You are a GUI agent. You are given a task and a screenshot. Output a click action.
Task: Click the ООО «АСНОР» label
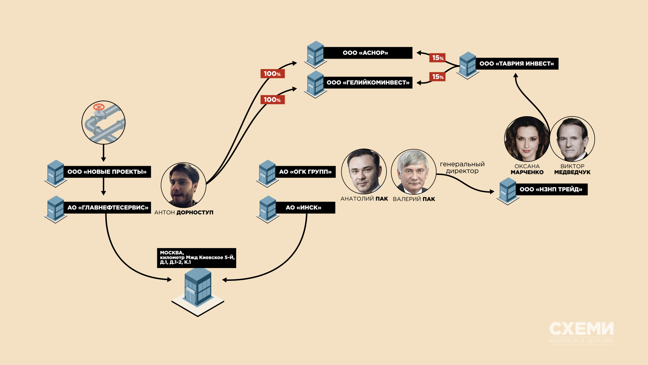[x=366, y=53]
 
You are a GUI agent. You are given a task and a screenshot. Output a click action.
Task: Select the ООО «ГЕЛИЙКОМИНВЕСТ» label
[x=368, y=82]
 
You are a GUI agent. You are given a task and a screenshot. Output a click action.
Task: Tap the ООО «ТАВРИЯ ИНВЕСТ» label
[x=517, y=64]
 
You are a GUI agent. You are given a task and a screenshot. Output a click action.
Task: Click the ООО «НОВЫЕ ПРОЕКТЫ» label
[x=107, y=172]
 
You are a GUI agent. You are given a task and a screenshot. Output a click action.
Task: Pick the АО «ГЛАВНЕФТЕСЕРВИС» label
[x=108, y=208]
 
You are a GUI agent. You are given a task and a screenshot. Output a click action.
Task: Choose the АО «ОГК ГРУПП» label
[x=305, y=172]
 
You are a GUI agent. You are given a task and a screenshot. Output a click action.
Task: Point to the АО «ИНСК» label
[x=303, y=208]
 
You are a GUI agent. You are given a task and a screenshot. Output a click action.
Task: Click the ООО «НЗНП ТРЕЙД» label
[x=551, y=189]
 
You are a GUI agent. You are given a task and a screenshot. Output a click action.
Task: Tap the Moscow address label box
[x=196, y=258]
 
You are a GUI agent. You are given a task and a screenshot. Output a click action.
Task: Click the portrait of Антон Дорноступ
[x=183, y=185]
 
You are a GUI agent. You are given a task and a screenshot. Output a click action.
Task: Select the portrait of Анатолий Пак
[x=364, y=171]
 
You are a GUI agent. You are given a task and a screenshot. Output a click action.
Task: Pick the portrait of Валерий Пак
[x=413, y=172]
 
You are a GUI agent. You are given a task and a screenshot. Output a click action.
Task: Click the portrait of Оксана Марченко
[x=526, y=139]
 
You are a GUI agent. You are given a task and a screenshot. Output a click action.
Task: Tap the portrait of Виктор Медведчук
[x=572, y=139]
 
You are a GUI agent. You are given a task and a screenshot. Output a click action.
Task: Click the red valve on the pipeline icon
[x=99, y=107]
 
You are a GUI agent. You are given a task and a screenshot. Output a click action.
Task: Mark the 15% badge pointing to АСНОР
[x=438, y=58]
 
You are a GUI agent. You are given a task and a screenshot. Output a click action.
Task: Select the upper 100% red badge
[x=272, y=74]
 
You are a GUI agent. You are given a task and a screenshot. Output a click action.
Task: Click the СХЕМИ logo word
[x=581, y=328]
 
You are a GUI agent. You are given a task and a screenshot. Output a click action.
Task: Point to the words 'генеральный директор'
[x=462, y=167]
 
